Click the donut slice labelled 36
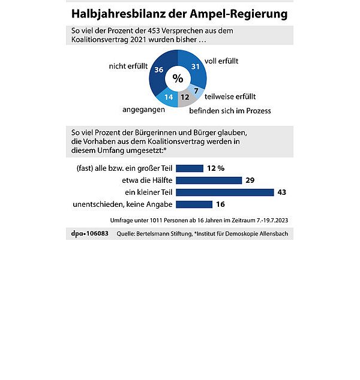(159, 71)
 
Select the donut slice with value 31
(196, 67)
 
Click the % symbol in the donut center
(178, 79)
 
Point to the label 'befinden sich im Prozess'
(230, 110)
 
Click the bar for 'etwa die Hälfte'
(209, 180)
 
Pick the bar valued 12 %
(190, 168)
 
